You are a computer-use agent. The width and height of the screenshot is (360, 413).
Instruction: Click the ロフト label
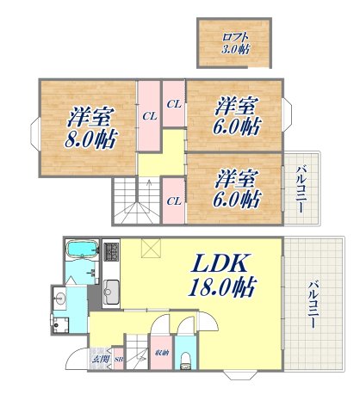pyautogui.click(x=233, y=37)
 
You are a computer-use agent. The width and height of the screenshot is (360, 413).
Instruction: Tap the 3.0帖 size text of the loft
pyautogui.click(x=233, y=51)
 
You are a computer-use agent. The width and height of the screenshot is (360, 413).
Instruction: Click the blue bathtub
pyautogui.click(x=83, y=251)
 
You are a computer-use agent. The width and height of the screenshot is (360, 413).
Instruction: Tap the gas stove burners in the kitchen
pyautogui.click(x=110, y=252)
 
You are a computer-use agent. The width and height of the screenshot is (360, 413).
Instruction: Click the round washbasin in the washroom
pyautogui.click(x=59, y=300)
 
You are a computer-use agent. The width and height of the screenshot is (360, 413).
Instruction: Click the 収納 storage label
pyautogui.click(x=161, y=353)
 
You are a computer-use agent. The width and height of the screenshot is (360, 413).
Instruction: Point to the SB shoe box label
pyautogui.click(x=119, y=359)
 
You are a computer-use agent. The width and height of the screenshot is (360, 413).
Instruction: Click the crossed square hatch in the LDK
pyautogui.click(x=152, y=249)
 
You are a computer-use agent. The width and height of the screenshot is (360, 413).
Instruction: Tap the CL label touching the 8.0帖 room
pyautogui.click(x=149, y=115)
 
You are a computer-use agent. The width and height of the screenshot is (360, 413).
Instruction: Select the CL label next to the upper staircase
pyautogui.click(x=173, y=200)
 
